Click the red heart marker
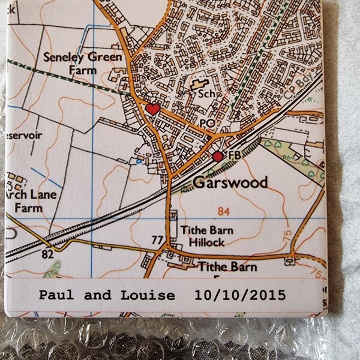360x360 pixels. (152, 109)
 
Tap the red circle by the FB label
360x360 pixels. (218, 156)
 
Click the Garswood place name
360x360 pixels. (230, 182)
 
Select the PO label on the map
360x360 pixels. (207, 122)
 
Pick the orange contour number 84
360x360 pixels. (224, 211)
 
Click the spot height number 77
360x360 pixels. (157, 240)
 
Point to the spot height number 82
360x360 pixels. (48, 254)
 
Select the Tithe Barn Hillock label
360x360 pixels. (202, 236)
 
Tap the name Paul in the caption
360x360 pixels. (56, 295)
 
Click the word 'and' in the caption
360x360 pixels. (97, 295)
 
